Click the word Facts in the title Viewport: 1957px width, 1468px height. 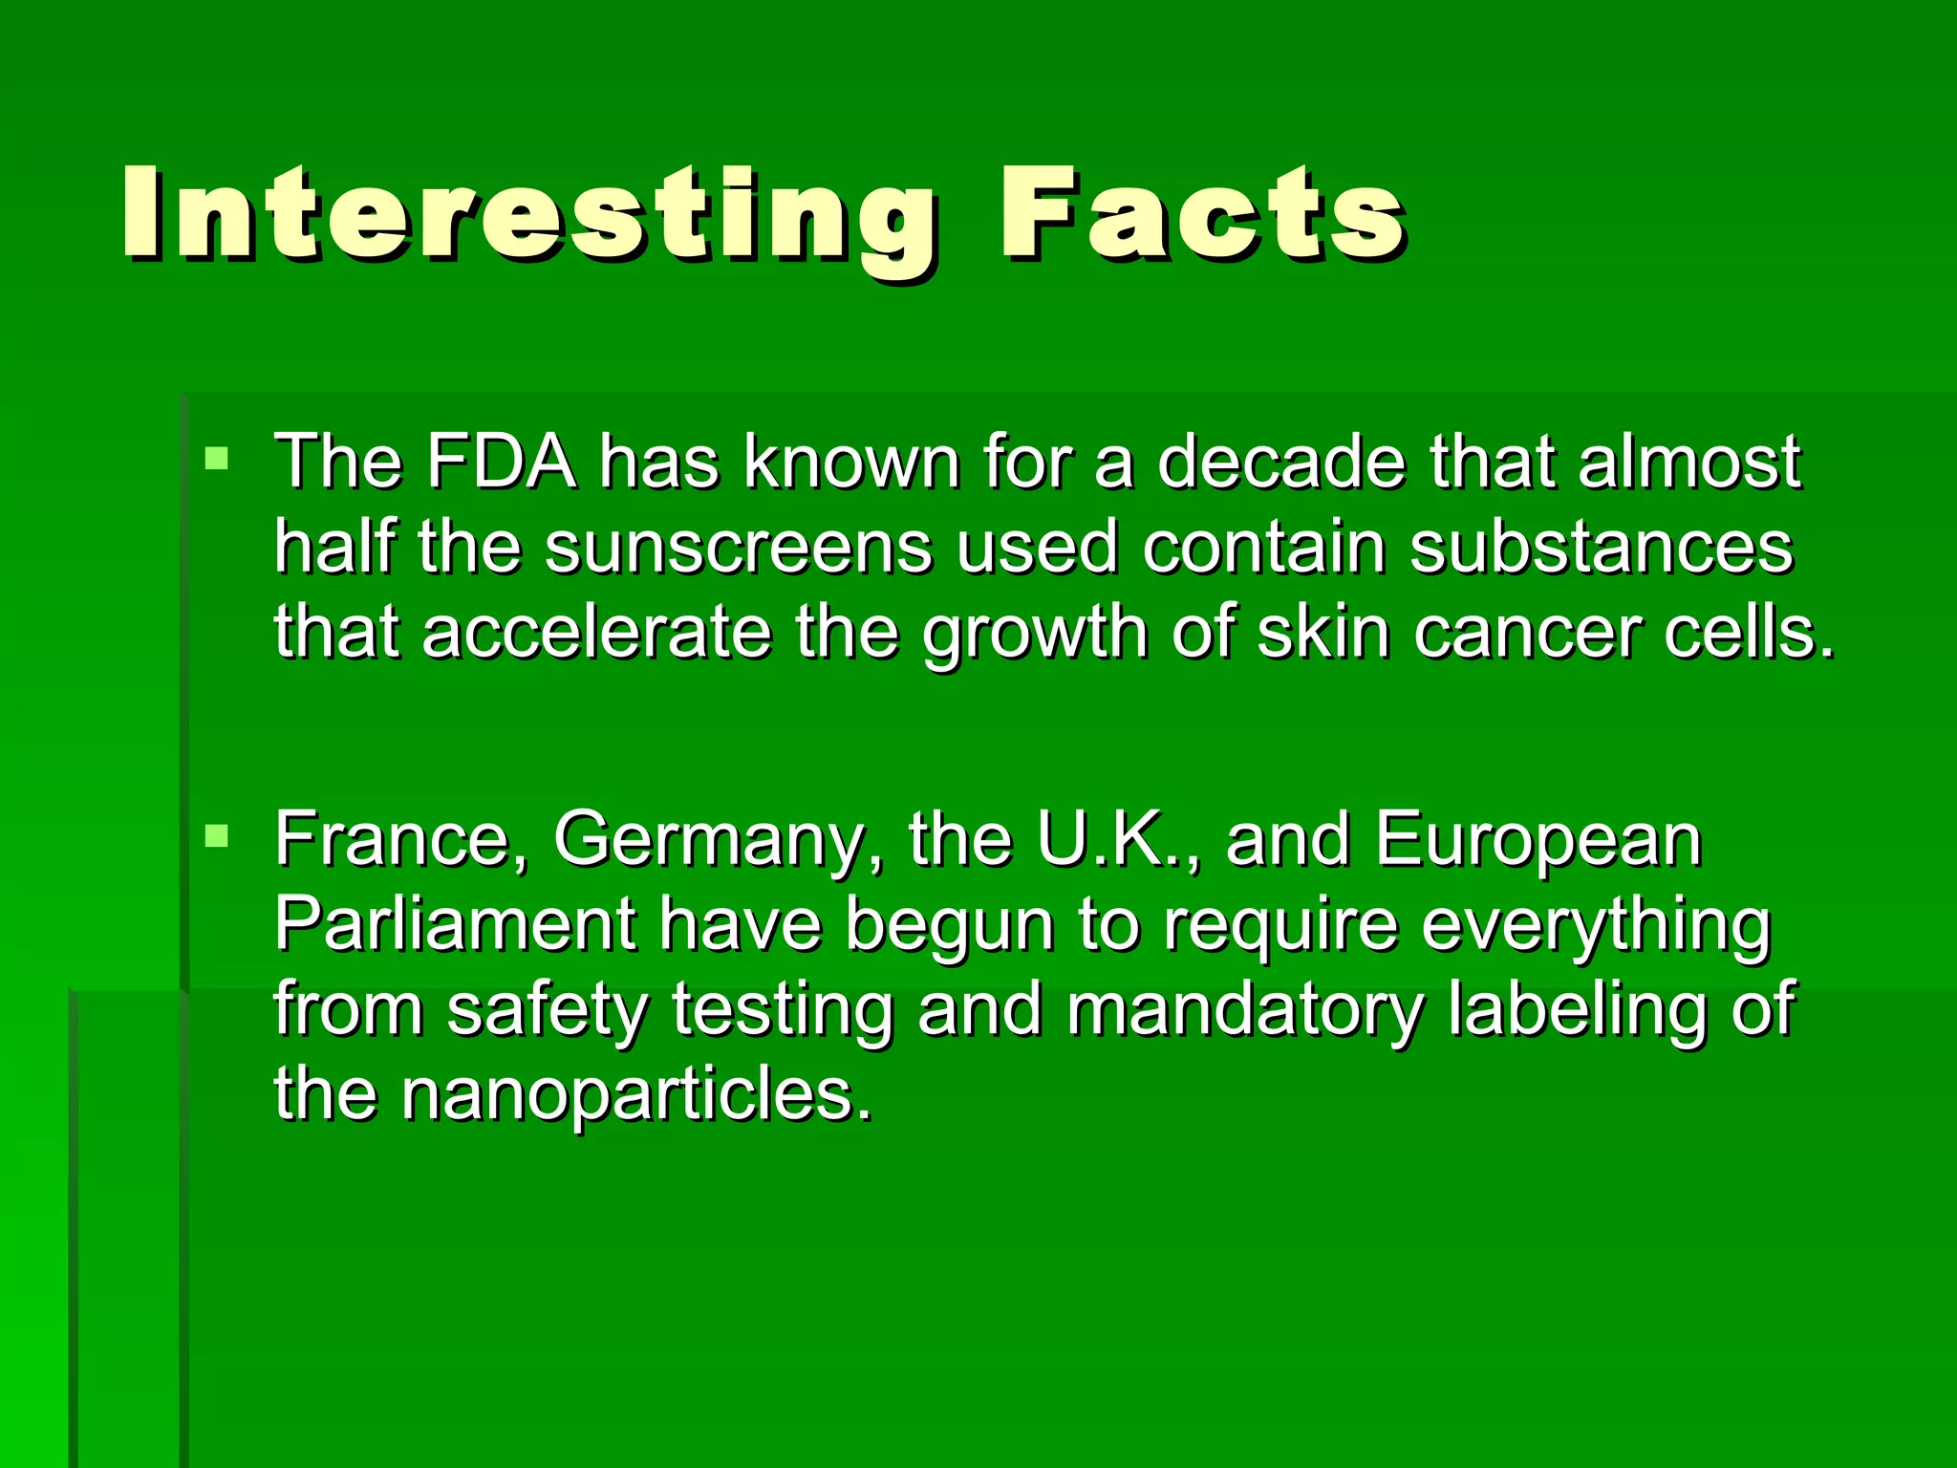click(1201, 215)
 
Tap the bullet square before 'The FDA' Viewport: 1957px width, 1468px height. click(217, 458)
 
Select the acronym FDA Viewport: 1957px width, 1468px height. click(501, 463)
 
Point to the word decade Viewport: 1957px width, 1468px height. click(1281, 463)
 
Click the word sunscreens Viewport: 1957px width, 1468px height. click(738, 549)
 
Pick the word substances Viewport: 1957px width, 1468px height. click(1602, 549)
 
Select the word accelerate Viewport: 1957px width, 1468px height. click(596, 633)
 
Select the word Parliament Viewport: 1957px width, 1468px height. click(455, 925)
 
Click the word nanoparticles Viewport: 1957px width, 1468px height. click(635, 1095)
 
